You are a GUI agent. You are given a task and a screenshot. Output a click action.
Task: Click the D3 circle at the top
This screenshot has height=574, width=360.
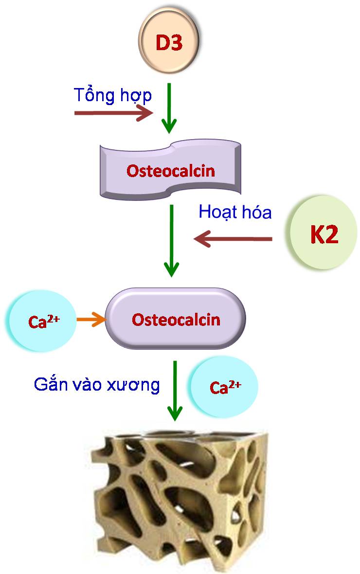(168, 41)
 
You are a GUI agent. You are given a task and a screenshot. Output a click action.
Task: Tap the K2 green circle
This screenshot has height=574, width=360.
(323, 233)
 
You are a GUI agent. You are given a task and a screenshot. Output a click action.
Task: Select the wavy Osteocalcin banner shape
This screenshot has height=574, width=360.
(170, 169)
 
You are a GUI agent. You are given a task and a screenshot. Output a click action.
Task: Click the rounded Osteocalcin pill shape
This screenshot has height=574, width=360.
(176, 319)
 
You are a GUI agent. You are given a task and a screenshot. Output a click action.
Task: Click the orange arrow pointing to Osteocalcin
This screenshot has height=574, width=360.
(91, 319)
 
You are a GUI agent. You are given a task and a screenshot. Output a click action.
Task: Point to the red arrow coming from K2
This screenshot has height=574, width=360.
(233, 239)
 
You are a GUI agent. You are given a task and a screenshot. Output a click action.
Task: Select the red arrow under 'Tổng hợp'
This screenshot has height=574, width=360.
(113, 113)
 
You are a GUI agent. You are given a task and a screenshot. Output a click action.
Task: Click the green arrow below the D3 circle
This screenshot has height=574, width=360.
(169, 108)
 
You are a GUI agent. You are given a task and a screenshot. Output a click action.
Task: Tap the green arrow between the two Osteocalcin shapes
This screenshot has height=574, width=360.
(171, 240)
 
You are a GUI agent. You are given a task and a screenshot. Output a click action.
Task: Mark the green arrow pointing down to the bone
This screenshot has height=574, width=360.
(175, 391)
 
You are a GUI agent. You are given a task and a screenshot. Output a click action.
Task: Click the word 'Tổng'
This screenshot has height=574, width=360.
(94, 95)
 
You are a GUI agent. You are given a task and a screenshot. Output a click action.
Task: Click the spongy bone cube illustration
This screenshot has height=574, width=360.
(180, 500)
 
